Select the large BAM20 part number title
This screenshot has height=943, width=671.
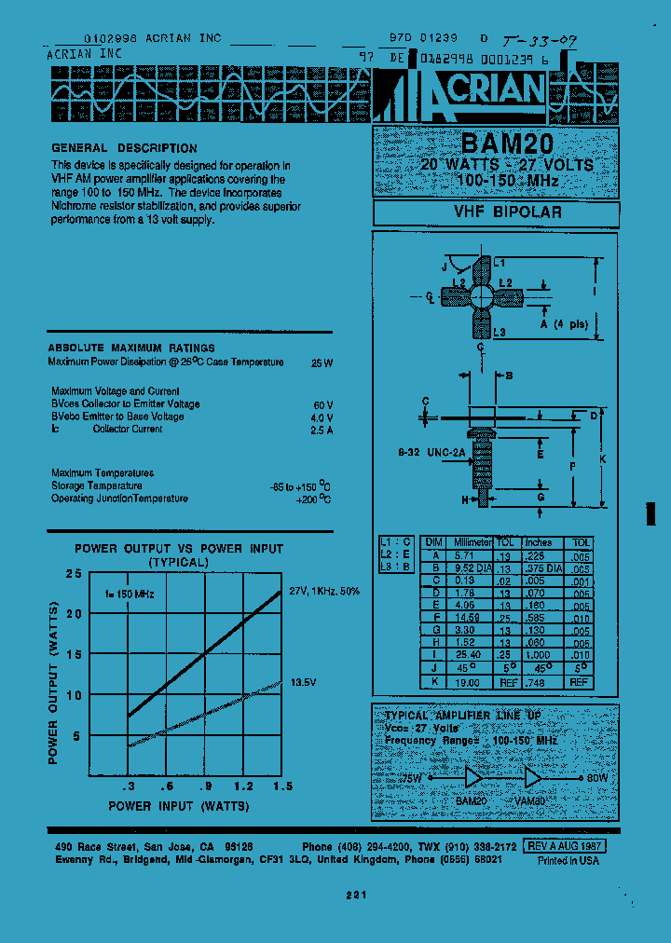click(506, 145)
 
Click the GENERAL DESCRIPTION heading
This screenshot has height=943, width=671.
click(124, 148)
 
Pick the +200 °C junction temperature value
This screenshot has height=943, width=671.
click(311, 499)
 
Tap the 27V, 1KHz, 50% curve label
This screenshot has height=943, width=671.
click(323, 591)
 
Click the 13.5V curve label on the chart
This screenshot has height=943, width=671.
click(305, 681)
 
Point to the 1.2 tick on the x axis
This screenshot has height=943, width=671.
click(245, 786)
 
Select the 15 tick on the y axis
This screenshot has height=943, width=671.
click(75, 654)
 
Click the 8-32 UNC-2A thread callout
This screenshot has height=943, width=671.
click(432, 454)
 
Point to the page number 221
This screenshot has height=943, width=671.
click(356, 895)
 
